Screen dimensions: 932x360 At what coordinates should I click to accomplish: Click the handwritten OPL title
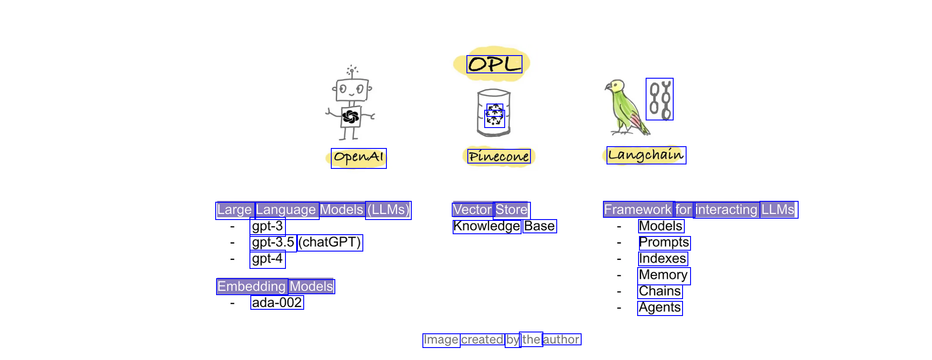pos(494,64)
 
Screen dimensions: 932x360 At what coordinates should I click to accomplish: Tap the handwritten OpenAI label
pos(358,158)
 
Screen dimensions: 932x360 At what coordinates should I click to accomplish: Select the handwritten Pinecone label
pos(499,156)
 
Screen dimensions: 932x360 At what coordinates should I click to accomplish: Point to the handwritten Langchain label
pos(646,155)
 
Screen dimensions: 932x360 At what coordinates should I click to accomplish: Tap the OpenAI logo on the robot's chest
pos(351,116)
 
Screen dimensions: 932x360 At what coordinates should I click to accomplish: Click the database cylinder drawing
pos(494,113)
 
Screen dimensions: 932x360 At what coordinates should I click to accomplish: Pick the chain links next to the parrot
pos(659,99)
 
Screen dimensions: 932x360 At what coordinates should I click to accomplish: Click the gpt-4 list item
pos(267,259)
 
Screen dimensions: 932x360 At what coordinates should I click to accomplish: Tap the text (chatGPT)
pos(329,242)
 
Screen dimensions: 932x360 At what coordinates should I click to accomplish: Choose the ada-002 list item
pos(277,303)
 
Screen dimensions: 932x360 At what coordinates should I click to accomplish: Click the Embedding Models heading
pos(275,286)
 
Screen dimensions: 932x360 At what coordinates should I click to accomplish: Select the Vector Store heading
pos(491,210)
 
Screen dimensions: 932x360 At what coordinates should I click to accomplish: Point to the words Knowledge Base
pos(505,226)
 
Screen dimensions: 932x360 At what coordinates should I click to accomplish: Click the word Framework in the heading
pos(638,209)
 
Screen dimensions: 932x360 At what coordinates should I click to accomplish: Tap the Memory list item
pos(664,276)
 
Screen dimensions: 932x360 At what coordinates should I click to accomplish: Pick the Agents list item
pos(660,308)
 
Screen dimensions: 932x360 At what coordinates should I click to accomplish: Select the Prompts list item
pos(664,243)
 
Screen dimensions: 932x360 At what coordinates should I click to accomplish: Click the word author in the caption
pos(562,340)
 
